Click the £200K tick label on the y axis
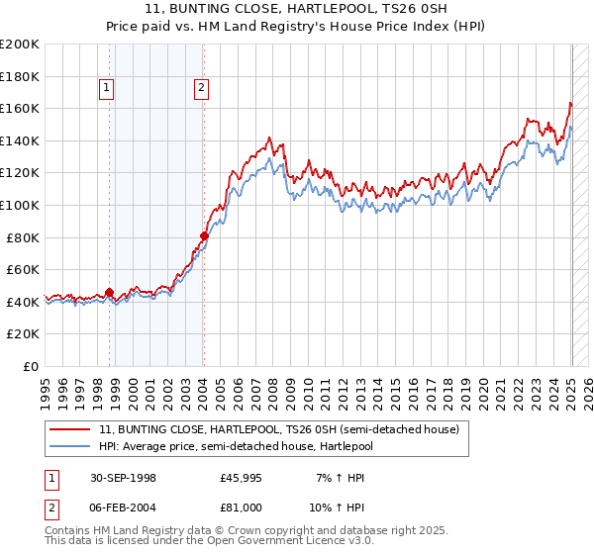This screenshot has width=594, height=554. click(20, 45)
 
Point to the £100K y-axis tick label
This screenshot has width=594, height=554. click(20, 206)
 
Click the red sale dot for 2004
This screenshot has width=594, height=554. click(204, 235)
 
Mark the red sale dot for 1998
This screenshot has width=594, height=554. click(110, 292)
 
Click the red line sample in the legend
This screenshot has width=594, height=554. click(70, 430)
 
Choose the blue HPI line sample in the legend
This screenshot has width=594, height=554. click(70, 447)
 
